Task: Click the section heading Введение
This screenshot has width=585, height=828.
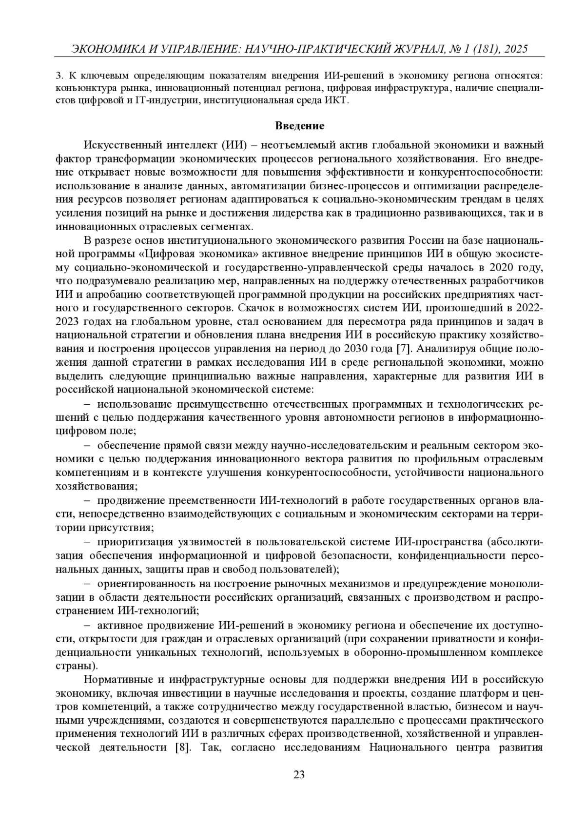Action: tap(299, 126)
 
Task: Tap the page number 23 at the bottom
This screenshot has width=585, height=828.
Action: tap(299, 774)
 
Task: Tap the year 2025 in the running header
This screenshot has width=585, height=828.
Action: tap(517, 49)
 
